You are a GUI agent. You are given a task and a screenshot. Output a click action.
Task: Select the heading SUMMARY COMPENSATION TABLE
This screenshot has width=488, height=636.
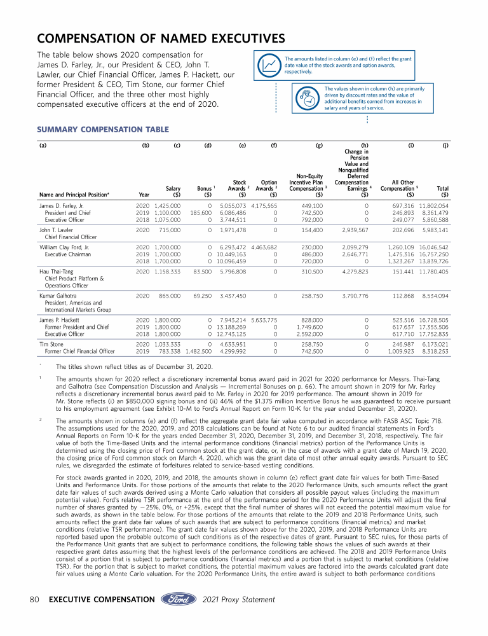(103, 130)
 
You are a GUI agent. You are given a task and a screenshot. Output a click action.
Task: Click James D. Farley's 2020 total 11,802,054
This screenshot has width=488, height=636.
(433, 206)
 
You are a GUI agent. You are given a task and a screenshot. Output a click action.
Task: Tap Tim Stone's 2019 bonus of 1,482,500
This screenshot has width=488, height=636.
(198, 351)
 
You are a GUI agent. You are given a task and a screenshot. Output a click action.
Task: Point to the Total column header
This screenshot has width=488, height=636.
(443, 188)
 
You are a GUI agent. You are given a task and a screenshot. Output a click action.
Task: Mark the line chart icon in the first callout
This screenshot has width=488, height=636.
(270, 64)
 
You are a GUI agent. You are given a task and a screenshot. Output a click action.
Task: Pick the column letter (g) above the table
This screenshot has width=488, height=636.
(319, 145)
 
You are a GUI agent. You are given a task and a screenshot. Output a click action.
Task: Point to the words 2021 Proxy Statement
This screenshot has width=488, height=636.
(239, 599)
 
